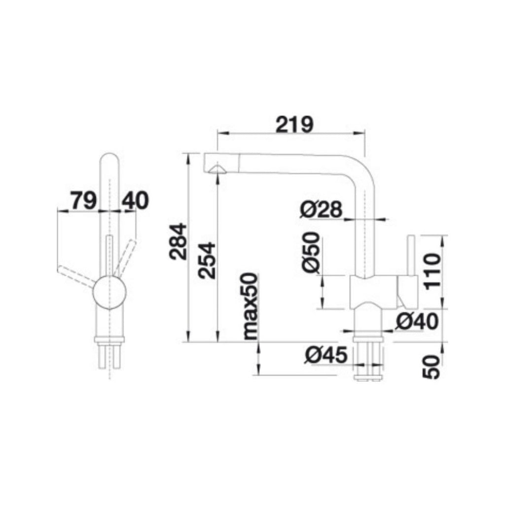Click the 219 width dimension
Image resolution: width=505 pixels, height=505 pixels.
click(294, 124)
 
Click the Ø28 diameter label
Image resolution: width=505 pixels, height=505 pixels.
click(321, 211)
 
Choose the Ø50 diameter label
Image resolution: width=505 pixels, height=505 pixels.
click(312, 253)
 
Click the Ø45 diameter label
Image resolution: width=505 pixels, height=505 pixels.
click(326, 355)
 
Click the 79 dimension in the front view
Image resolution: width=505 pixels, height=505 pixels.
click(83, 201)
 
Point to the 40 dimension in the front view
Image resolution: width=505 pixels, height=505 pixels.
click(135, 201)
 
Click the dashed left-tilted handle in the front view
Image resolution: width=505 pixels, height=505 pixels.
click(77, 276)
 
